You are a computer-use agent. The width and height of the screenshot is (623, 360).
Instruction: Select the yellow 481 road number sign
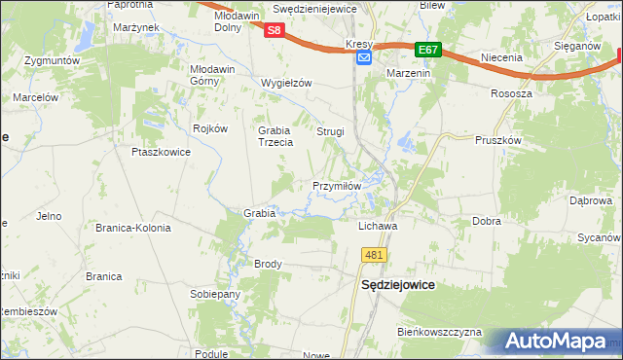[375, 254]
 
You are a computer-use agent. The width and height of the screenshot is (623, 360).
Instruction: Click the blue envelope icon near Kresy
[363, 58]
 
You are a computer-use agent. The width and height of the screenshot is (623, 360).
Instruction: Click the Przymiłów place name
[337, 185]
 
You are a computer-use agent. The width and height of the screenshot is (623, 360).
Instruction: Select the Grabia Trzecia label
[275, 136]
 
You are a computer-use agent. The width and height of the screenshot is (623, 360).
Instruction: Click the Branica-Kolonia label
[132, 228]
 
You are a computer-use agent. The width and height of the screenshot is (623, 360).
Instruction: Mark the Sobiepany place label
[215, 294]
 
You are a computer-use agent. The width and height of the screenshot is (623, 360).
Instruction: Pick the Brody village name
[268, 264]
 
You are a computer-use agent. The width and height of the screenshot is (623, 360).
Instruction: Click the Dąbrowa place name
[590, 200]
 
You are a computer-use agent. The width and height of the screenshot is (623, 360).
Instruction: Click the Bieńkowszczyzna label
[439, 332]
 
